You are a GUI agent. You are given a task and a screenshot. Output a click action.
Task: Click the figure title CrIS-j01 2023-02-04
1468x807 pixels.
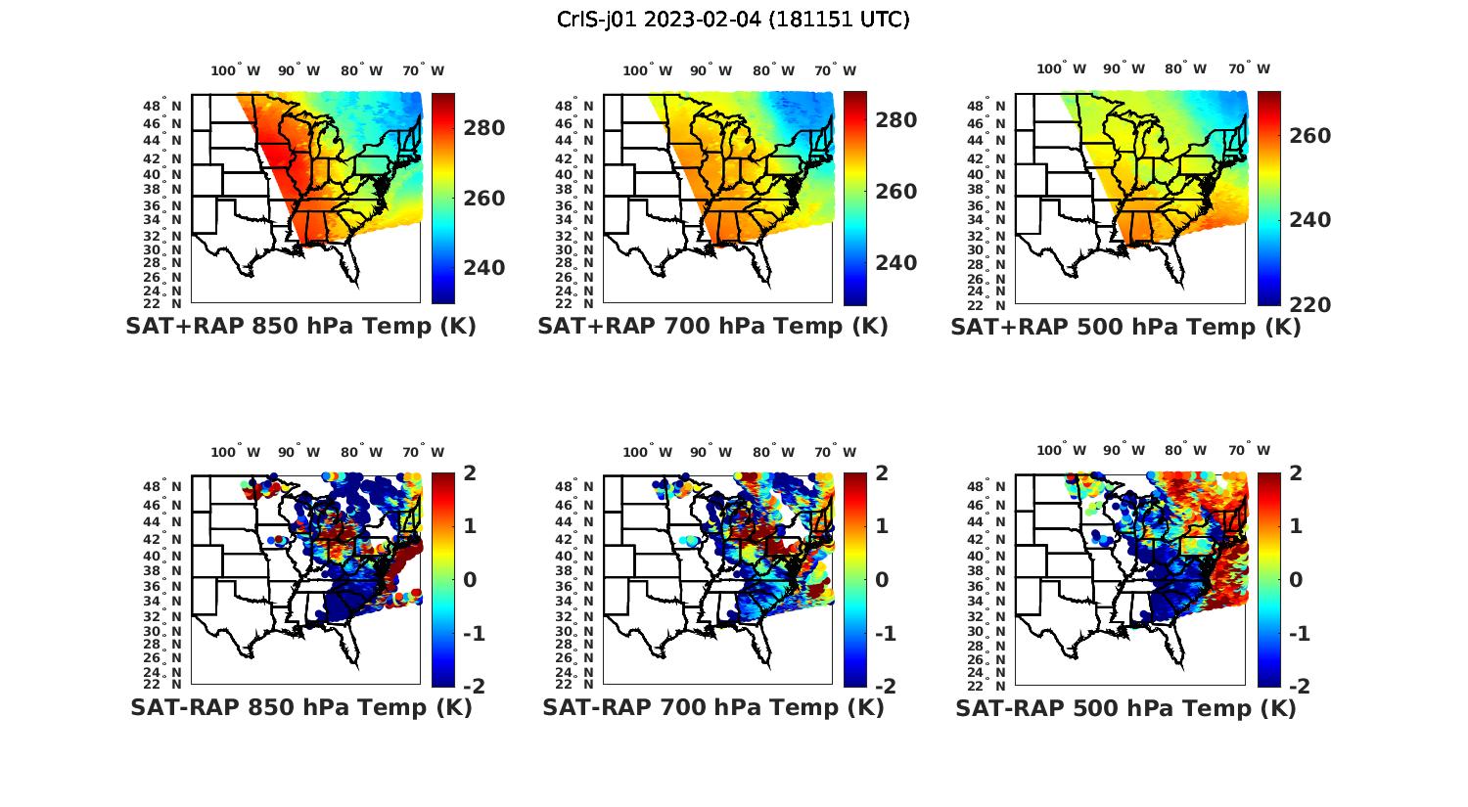point(733,19)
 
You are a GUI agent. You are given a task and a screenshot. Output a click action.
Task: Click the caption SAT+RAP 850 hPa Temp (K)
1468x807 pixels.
point(300,327)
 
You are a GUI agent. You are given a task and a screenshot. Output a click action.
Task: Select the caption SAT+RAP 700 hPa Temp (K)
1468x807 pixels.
point(712,327)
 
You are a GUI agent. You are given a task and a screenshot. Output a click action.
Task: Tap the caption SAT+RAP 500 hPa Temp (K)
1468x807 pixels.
point(1125,328)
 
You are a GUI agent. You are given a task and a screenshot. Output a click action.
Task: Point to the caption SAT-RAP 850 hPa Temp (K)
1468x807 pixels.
point(300,707)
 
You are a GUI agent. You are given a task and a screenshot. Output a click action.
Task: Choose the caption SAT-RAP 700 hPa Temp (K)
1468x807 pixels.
point(712,707)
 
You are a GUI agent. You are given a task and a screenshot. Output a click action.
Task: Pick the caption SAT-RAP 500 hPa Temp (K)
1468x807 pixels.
point(1125,708)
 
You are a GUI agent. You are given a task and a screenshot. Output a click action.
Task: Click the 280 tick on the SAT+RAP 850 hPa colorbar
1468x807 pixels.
point(483,128)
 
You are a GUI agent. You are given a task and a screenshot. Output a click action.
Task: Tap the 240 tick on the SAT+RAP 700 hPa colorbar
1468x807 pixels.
point(895,263)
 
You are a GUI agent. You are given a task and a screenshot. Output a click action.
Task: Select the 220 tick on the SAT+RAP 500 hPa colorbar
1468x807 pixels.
point(1308,305)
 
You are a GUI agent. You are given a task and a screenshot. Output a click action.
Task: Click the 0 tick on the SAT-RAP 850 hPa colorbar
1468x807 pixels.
point(469,579)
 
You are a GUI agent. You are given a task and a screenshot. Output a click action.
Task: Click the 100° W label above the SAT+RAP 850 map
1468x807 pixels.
point(235,70)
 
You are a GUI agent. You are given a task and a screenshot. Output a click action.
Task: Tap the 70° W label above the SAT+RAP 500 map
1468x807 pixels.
point(1248,68)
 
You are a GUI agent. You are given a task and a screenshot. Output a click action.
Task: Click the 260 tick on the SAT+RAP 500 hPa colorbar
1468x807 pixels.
point(1308,136)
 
